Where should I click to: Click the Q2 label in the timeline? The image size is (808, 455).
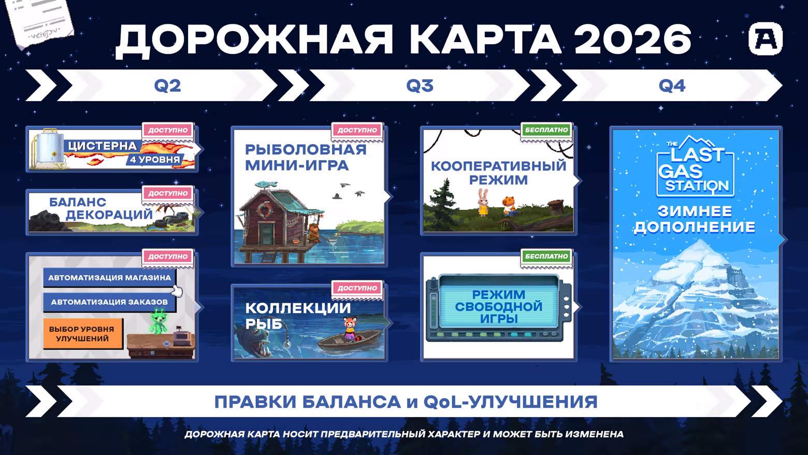tap(167, 86)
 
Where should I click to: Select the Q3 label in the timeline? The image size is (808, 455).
tap(420, 86)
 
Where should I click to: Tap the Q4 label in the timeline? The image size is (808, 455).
tap(672, 86)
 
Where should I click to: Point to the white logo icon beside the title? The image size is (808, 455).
tap(766, 39)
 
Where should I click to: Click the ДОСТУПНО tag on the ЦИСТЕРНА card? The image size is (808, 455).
tap(168, 130)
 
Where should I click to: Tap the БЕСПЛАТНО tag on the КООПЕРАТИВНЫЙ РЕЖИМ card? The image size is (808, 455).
tap(546, 130)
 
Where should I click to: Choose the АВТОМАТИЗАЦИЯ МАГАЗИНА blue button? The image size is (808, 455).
tap(109, 277)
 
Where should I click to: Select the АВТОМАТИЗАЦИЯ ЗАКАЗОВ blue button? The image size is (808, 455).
tap(109, 302)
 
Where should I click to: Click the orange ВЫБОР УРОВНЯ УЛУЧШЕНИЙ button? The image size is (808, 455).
tap(82, 334)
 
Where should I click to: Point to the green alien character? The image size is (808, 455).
tap(158, 321)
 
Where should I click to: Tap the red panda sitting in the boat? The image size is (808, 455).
tap(350, 329)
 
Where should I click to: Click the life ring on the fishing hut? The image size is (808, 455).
tap(264, 209)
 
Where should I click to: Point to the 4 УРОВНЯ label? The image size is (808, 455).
tap(155, 160)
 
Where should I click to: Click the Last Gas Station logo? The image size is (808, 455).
tap(695, 167)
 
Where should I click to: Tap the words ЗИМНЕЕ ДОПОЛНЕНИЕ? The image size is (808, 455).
tap(695, 219)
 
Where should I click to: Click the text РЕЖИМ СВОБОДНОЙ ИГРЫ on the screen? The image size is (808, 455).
tap(498, 307)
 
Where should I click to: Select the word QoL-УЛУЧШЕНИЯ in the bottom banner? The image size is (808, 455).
tap(510, 402)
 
